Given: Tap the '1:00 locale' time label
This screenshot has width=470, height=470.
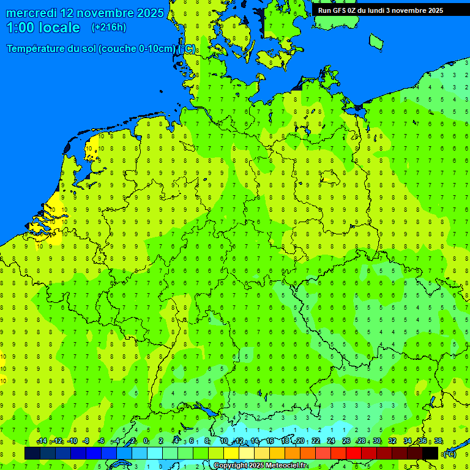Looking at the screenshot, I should (43, 28).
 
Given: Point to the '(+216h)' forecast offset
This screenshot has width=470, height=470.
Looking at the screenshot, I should (108, 28).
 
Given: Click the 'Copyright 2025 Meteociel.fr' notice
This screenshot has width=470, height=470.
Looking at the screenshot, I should (261, 466).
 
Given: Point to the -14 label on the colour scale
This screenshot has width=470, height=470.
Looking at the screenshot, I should (42, 441).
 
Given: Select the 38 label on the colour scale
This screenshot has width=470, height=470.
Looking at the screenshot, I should (438, 441).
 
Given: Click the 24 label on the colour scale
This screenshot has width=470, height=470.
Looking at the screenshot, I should (331, 441).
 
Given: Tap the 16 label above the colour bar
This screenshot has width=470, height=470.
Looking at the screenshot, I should (270, 441).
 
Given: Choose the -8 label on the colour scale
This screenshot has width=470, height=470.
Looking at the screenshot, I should (86, 441).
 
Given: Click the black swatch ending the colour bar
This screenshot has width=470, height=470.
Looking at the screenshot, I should (430, 453).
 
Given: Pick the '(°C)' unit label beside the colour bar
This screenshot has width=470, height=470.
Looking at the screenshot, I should (450, 453).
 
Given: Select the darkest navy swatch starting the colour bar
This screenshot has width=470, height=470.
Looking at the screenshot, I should (32, 453).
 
